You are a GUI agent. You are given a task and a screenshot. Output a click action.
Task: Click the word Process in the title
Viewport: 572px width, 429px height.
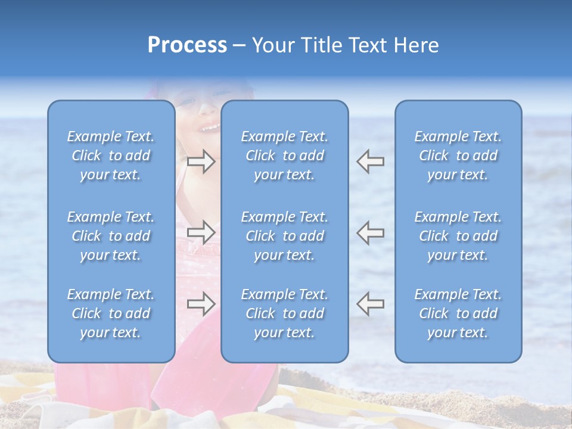pyautogui.click(x=187, y=45)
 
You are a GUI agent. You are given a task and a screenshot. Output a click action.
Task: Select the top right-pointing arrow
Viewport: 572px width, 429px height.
pyautogui.click(x=201, y=161)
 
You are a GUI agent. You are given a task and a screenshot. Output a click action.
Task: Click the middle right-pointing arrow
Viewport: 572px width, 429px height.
pyautogui.click(x=201, y=232)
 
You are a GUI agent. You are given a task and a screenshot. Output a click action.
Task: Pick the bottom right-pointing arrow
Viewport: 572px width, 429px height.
pyautogui.click(x=201, y=304)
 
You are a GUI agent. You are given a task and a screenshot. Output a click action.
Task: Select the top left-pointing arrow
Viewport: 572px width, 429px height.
pyautogui.click(x=371, y=161)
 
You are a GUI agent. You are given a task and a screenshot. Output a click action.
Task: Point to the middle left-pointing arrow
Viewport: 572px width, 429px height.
pyautogui.click(x=371, y=232)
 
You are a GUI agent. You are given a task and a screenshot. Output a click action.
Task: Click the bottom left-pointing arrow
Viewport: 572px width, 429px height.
pyautogui.click(x=371, y=304)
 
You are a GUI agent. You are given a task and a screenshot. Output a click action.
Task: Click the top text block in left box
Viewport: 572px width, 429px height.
pyautogui.click(x=111, y=156)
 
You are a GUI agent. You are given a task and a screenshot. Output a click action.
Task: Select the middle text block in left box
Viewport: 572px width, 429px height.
pyautogui.click(x=111, y=236)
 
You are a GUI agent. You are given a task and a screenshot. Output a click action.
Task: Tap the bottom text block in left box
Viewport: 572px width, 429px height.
pyautogui.click(x=111, y=313)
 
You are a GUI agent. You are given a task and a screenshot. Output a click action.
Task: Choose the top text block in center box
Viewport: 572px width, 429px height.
pyautogui.click(x=285, y=156)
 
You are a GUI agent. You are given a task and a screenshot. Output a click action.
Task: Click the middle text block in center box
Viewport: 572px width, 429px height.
pyautogui.click(x=285, y=236)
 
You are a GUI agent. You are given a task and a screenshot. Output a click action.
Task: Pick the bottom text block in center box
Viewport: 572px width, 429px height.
pyautogui.click(x=285, y=313)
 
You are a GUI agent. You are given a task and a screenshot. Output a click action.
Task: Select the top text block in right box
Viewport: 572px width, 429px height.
pyautogui.click(x=458, y=156)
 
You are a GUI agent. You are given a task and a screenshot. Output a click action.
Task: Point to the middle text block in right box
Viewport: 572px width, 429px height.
pyautogui.click(x=458, y=236)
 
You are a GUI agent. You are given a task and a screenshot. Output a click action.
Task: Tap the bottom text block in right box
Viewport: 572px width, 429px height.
pyautogui.click(x=458, y=313)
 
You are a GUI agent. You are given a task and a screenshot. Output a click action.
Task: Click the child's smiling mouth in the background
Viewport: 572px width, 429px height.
pyautogui.click(x=209, y=127)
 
